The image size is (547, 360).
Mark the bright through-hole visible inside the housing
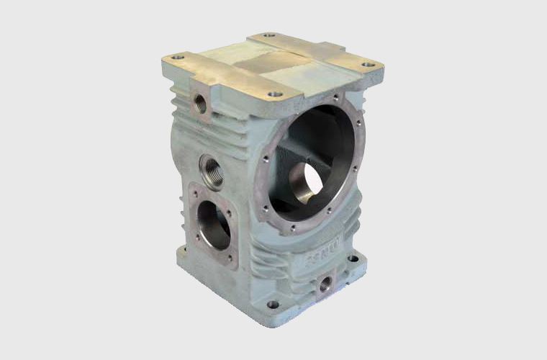tap(308, 184)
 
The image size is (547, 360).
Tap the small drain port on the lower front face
tap(325, 282)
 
